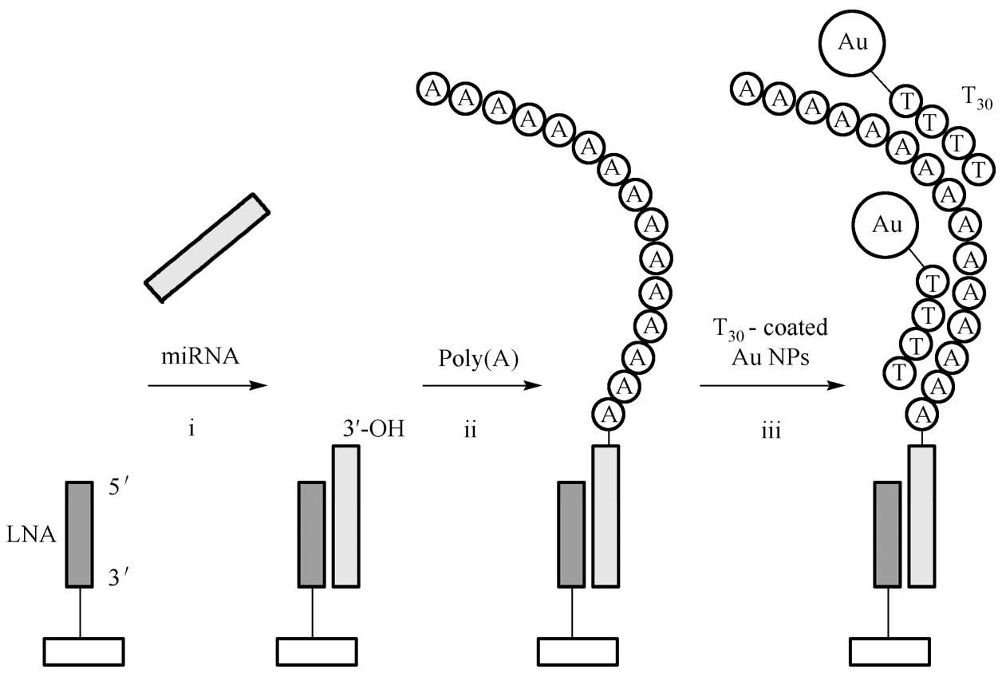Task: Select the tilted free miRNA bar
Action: [207, 247]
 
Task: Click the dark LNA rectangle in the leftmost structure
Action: [80, 534]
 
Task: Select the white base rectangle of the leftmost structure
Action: [83, 651]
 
